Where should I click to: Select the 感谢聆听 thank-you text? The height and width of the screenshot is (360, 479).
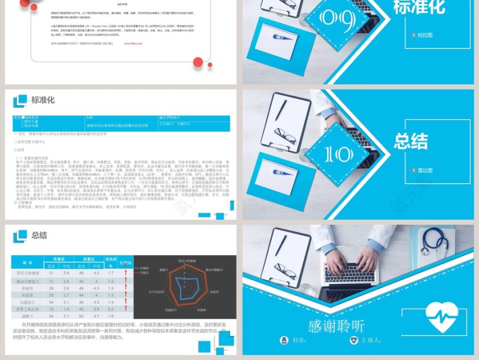coord(336,326)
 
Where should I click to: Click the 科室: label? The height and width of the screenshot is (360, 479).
coord(300,341)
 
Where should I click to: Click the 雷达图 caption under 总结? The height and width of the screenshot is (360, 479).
coord(424,169)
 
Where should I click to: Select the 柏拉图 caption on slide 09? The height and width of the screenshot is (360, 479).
coord(424,35)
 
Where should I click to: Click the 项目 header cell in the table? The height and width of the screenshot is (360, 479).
coord(27,262)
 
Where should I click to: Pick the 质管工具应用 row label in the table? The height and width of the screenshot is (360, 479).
coord(27,308)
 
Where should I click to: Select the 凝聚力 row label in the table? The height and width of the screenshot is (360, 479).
coord(27,315)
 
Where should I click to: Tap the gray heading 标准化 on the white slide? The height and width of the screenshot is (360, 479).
coord(43,100)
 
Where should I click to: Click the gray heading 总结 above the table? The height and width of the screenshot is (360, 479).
coord(39,235)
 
